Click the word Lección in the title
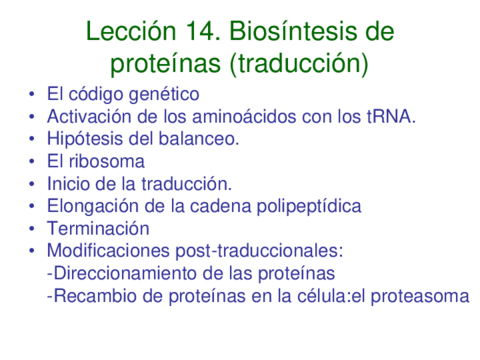click(131, 31)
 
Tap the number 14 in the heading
click(202, 31)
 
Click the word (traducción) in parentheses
click(299, 64)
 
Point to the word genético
click(164, 94)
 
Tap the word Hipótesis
click(85, 139)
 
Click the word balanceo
click(199, 139)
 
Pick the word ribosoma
click(107, 161)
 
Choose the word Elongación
click(93, 206)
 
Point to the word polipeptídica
click(309, 206)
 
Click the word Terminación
click(98, 228)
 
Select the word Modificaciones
click(108, 250)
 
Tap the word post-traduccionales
click(259, 251)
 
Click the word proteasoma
click(420, 296)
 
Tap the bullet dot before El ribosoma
click(32, 162)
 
